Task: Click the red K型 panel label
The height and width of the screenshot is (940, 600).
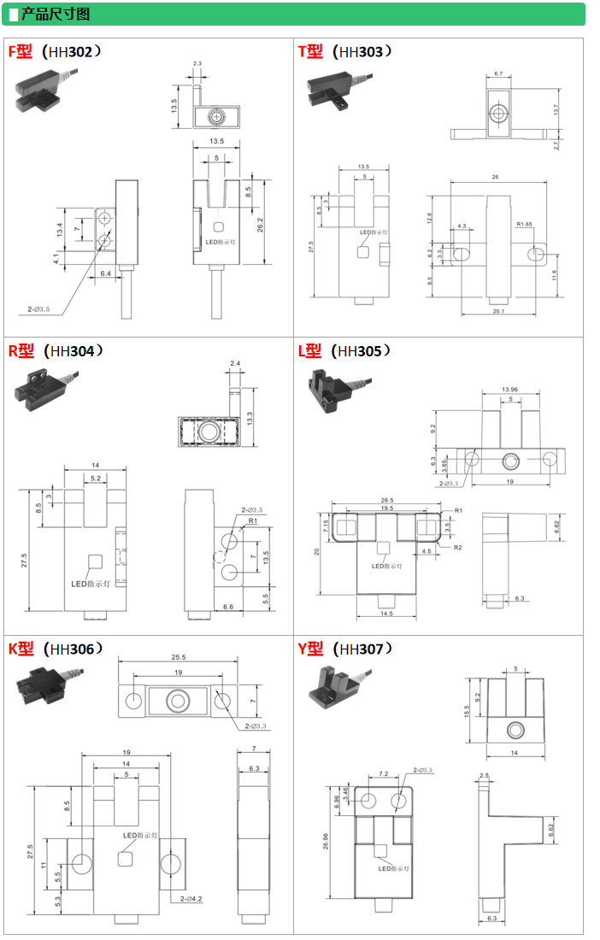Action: tap(21, 649)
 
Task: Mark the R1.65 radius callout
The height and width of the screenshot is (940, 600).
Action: tap(525, 225)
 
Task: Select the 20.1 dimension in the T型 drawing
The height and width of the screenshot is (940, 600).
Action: tap(499, 311)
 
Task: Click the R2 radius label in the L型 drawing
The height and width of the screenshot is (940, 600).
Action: tap(458, 548)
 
